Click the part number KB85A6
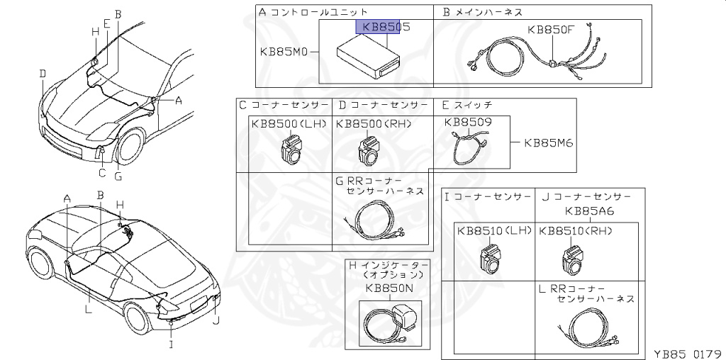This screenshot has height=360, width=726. tap(589, 210)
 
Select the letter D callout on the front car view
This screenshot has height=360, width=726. tap(43, 74)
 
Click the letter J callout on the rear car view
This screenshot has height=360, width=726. tap(216, 320)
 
